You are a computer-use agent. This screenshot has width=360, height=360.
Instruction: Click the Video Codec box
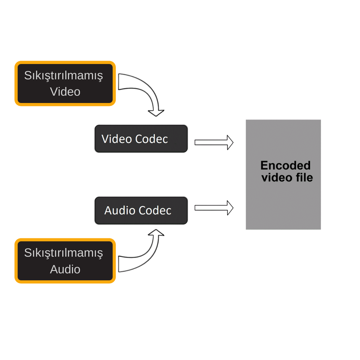[x=141, y=139]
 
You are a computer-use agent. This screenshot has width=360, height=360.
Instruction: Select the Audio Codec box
[x=141, y=210]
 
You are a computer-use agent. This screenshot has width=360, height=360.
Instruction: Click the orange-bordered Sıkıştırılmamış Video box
[x=65, y=83]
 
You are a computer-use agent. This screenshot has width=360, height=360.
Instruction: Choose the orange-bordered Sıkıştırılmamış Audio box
[x=65, y=261]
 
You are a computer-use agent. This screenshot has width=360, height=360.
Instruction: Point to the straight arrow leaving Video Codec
[x=213, y=143]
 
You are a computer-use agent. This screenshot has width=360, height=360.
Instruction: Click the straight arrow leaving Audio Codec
[x=213, y=208]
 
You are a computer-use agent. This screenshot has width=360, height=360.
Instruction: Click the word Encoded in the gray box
[x=285, y=166]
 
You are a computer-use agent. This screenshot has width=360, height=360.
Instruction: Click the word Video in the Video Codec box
[x=117, y=139]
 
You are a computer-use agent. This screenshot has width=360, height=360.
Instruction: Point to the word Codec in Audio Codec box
[x=155, y=211]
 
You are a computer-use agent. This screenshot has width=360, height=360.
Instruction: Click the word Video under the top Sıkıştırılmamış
[x=65, y=92]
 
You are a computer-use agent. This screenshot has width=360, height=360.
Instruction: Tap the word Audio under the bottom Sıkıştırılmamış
[x=65, y=269]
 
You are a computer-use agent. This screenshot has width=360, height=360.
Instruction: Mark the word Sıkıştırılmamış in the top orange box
[x=64, y=76]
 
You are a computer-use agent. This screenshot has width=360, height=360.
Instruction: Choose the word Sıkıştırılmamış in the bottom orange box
[x=64, y=253]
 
